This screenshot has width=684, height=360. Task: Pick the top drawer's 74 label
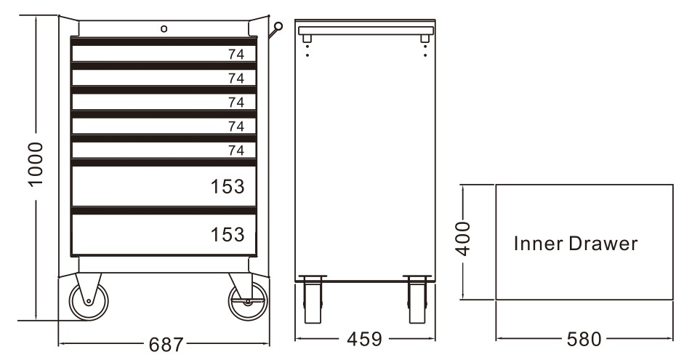coord(236,54)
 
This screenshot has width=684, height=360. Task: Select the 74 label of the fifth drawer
coord(236,151)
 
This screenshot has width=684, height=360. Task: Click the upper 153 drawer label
coord(227,187)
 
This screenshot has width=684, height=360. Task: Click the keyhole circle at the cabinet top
coord(164,28)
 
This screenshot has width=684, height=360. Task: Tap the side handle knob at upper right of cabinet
coord(277,28)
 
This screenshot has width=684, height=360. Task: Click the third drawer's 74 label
coord(236,102)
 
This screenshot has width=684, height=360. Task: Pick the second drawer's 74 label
coord(236,78)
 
